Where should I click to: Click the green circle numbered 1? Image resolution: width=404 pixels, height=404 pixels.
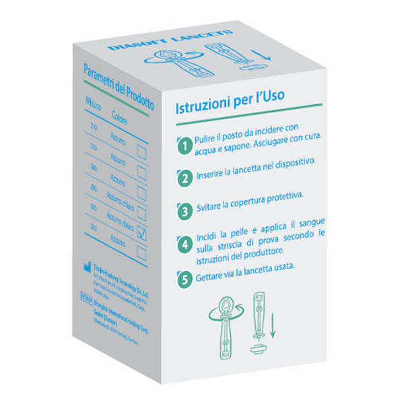pos(182,144)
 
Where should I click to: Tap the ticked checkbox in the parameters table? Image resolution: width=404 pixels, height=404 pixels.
pos(141,232)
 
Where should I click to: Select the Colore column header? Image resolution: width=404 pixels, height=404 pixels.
pos(119,114)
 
